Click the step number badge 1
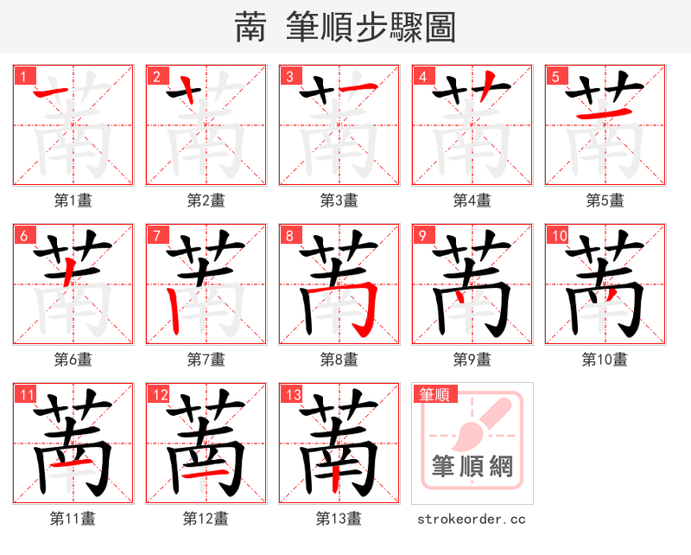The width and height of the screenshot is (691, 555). pos(22,76)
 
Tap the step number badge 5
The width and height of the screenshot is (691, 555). pos(554,76)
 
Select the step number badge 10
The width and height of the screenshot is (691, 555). pos(558,235)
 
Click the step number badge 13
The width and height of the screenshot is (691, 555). pos(292,394)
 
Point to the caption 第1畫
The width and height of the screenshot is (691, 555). pos(73,201)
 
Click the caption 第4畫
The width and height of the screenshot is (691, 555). pos(472,201)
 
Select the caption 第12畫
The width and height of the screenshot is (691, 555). pos(206,519)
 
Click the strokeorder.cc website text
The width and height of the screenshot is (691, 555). pos(472,520)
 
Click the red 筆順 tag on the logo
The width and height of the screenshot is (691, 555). pos(434,395)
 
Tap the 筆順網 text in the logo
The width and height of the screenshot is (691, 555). pos(472,468)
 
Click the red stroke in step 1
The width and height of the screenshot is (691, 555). pos(52,89)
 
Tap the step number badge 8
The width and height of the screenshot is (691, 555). pos(288,235)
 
